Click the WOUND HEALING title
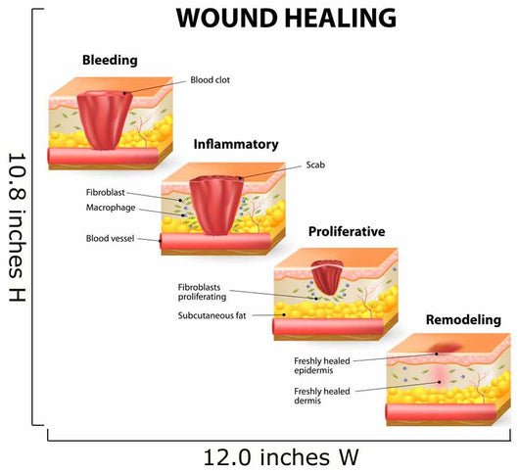[286, 18]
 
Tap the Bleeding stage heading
[110, 61]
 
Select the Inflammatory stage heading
[236, 145]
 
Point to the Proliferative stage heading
[347, 231]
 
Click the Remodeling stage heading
[463, 320]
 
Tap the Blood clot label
[210, 80]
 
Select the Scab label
[315, 165]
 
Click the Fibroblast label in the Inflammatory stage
[105, 192]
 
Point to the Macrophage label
[111, 208]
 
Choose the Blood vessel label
[110, 238]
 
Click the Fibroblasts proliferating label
[203, 292]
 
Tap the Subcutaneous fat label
[212, 315]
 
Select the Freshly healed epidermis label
[322, 365]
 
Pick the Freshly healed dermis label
[322, 396]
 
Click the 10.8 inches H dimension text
[17, 227]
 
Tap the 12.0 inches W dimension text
[281, 457]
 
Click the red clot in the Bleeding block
[105, 120]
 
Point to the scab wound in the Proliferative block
[327, 277]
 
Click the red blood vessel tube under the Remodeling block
[442, 412]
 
